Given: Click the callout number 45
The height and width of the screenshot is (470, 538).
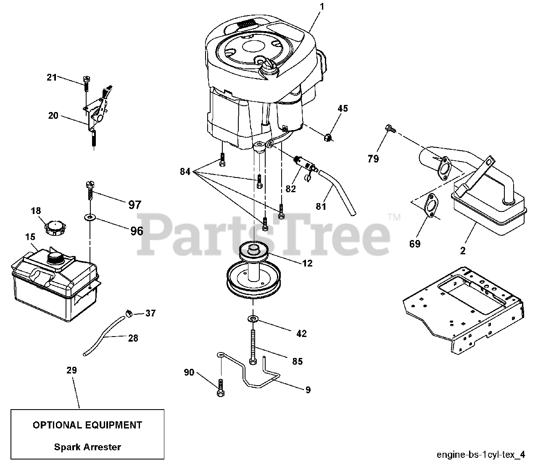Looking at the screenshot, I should tap(343, 109).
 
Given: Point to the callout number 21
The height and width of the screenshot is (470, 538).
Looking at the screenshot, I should tap(52, 77).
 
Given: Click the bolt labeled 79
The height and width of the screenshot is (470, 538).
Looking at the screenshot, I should tap(389, 128).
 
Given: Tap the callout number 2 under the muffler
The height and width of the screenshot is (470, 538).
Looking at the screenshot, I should tap(463, 251).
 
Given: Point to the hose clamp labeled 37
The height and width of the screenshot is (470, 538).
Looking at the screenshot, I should tap(129, 313).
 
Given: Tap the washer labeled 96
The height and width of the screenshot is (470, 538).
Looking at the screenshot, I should tap(89, 217).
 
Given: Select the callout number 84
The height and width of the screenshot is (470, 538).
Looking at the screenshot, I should tap(185, 171).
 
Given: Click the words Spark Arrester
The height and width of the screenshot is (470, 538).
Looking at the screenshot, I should tap(87, 447).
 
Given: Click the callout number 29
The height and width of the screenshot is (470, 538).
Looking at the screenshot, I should tap(72, 370).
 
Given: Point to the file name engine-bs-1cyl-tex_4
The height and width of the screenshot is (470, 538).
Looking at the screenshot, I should tap(480, 454).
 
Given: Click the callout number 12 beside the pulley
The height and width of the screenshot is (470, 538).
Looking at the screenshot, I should tap(307, 263).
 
